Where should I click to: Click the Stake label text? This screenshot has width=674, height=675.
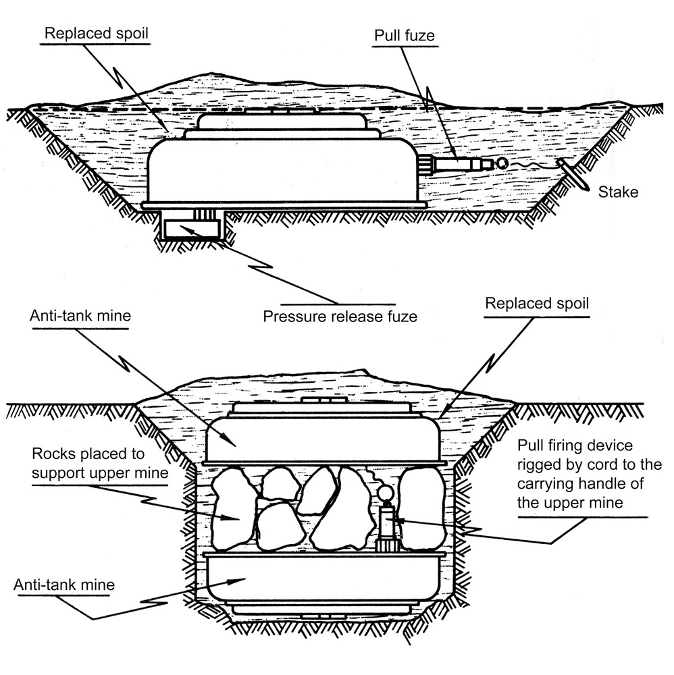(x=618, y=192)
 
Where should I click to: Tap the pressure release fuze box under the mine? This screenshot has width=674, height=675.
(x=193, y=229)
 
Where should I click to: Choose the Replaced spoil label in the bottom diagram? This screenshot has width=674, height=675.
(x=537, y=304)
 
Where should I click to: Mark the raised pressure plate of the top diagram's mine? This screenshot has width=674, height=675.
(x=282, y=121)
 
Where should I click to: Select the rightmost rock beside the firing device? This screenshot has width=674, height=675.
(x=422, y=506)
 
